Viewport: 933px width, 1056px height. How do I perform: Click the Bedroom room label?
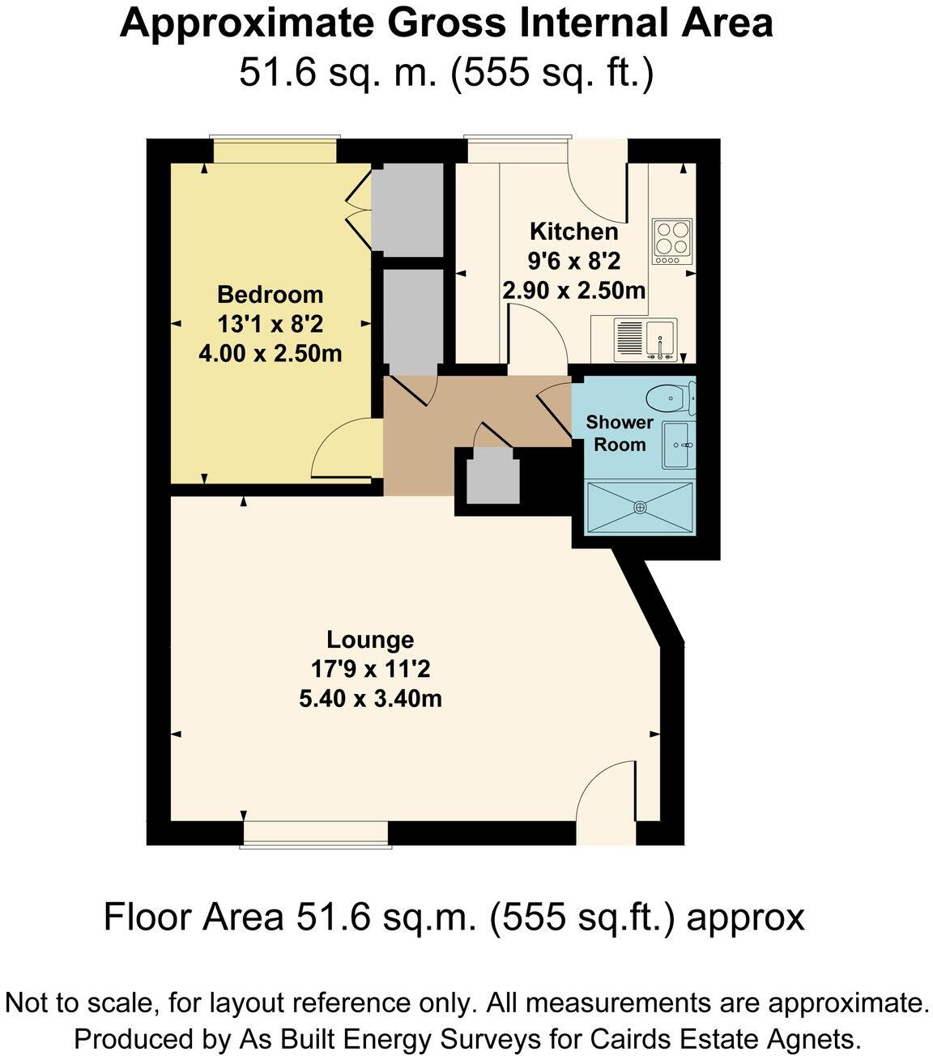click(x=270, y=294)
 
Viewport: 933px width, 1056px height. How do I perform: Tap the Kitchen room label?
click(x=573, y=232)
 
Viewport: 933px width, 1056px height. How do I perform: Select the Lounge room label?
click(x=370, y=640)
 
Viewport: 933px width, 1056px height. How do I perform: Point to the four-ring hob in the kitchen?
click(x=672, y=241)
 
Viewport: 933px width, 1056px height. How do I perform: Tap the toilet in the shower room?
click(x=669, y=398)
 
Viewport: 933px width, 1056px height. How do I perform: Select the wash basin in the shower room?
click(x=677, y=445)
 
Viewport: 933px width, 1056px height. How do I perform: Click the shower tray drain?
click(x=640, y=507)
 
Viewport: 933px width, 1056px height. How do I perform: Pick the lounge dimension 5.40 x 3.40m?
click(x=370, y=698)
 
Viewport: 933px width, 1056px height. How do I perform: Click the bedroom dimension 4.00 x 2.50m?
click(x=270, y=353)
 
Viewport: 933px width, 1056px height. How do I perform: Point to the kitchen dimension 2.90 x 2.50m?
click(x=573, y=290)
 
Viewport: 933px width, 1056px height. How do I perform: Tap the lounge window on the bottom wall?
click(x=316, y=834)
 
